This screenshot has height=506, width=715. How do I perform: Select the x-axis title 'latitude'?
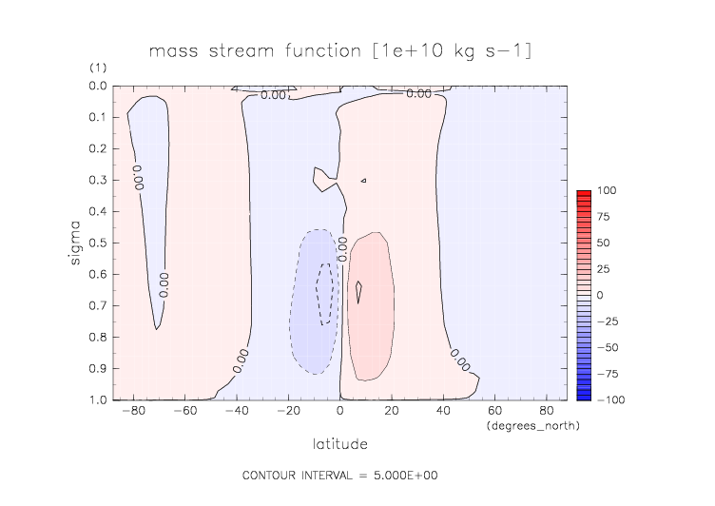[x=339, y=444]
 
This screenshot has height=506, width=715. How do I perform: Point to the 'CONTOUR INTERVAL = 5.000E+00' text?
[x=339, y=475]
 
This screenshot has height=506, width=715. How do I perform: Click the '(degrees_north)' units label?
[x=532, y=425]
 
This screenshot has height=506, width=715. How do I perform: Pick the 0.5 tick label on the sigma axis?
[x=96, y=243]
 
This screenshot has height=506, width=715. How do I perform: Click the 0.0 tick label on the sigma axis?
[x=96, y=87]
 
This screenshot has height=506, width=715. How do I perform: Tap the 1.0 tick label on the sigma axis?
[x=96, y=399]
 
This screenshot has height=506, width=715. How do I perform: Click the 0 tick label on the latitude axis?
[x=339, y=413]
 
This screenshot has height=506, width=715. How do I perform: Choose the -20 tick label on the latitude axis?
[x=284, y=413]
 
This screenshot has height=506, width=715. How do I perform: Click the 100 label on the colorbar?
[x=606, y=191]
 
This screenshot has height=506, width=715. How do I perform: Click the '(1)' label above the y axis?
[x=98, y=68]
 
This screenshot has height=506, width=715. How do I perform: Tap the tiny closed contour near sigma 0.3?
[x=363, y=180]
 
